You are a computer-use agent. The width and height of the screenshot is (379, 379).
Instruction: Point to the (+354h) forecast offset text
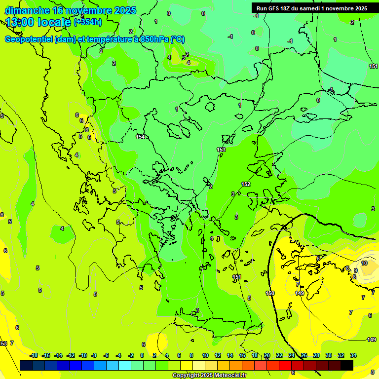[87, 22]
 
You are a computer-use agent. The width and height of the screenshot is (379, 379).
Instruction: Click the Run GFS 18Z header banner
[311, 8]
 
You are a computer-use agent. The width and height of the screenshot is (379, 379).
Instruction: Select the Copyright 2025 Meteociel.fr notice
[209, 375]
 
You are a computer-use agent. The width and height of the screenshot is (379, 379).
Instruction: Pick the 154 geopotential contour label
[141, 137]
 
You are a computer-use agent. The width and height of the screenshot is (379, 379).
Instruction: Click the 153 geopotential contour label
[221, 150]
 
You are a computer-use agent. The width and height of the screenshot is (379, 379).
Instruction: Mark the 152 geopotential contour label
[246, 184]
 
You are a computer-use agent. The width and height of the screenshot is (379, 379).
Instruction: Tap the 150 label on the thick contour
[270, 293]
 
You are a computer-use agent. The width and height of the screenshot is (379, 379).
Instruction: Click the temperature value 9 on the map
[355, 270]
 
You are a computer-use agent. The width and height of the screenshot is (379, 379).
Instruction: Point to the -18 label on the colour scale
[34, 355]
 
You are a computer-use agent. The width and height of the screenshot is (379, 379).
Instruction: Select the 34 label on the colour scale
[353, 355]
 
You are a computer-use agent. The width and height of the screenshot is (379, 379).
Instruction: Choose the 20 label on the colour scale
[267, 355]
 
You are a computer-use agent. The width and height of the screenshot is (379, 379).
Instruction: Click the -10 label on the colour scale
[82, 355]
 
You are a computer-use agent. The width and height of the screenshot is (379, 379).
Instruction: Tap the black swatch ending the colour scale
[346, 365]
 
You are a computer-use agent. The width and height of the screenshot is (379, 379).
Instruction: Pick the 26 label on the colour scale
[304, 355]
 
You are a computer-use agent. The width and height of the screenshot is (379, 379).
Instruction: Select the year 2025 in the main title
[125, 10]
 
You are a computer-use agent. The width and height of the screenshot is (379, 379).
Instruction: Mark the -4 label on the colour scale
[118, 355]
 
